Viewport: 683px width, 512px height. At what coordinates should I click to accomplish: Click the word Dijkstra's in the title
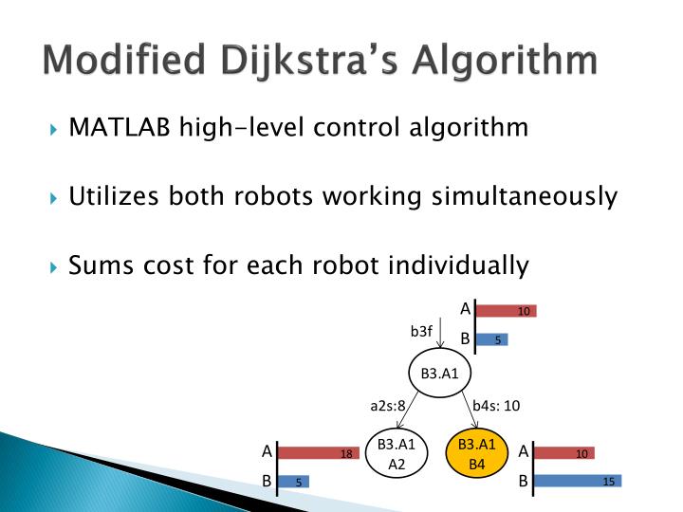301,63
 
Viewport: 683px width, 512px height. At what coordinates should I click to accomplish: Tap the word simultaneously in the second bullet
525,197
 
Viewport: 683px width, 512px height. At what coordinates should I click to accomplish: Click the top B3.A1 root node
439,373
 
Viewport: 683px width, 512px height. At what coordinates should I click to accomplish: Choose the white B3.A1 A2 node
397,454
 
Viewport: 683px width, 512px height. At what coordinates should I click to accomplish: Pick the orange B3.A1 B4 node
477,454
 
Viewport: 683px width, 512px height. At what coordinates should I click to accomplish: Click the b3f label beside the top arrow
421,331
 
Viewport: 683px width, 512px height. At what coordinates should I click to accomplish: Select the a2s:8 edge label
388,406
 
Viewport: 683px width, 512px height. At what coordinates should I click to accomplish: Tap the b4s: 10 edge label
496,406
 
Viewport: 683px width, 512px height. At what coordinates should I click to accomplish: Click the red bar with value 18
319,454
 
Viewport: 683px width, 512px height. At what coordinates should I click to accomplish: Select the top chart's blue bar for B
492,339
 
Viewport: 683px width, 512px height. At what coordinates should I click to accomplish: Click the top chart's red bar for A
506,311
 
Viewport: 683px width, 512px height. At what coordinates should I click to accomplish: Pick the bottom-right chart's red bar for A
563,454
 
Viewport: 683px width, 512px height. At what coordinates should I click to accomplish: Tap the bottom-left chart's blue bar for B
293,482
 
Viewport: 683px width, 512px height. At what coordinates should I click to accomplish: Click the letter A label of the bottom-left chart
267,452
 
